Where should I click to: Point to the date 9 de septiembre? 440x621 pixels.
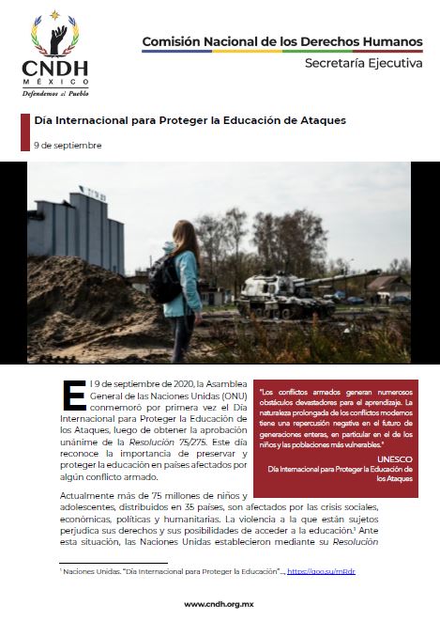68,146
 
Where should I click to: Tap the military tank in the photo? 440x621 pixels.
271,291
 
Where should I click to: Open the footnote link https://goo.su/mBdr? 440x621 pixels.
321,571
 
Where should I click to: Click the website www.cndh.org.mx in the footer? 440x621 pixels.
220,604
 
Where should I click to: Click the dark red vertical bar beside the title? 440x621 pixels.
24,132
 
